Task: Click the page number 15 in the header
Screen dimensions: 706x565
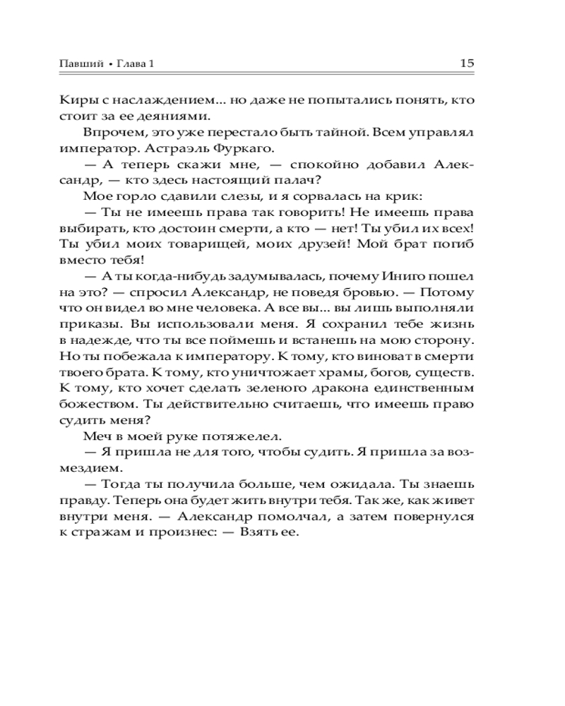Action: coord(466,63)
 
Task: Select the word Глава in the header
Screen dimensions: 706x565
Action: coord(131,64)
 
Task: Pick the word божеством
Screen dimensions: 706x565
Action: coord(96,406)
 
